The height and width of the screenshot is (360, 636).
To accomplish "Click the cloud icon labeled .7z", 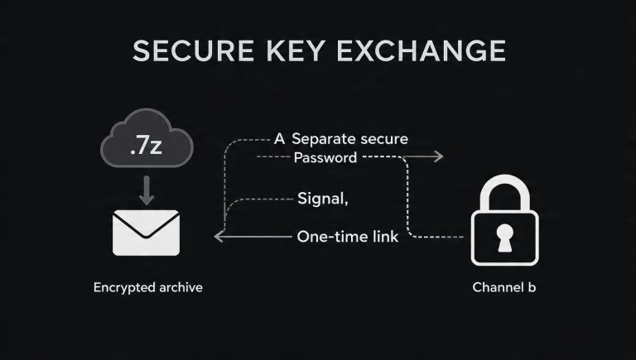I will (146, 142).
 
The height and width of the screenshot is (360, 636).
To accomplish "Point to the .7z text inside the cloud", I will (146, 149).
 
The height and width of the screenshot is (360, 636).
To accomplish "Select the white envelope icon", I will (147, 231).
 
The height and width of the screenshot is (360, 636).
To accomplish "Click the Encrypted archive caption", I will (148, 287).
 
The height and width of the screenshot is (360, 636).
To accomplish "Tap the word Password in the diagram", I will (325, 157).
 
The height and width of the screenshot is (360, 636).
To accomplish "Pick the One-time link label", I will (348, 238).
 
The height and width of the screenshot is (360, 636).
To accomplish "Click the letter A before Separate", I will (278, 139).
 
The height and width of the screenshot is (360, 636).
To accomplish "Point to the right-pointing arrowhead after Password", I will (438, 156).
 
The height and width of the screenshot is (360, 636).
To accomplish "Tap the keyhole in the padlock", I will (504, 237).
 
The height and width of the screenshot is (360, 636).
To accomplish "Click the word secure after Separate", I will (384, 139).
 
